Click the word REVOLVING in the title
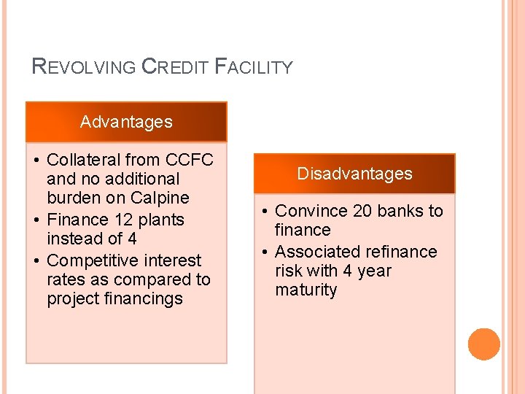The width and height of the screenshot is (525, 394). (x=85, y=67)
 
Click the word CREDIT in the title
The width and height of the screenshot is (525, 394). (x=176, y=67)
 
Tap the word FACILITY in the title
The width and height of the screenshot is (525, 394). (x=254, y=67)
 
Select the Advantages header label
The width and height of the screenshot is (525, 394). (x=126, y=122)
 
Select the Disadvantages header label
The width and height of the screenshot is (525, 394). (x=354, y=174)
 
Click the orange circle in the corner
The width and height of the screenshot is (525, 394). (x=484, y=344)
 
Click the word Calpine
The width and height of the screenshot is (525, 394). (x=160, y=198)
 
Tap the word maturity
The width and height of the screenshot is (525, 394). (x=306, y=290)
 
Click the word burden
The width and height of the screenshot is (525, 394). (x=70, y=198)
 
